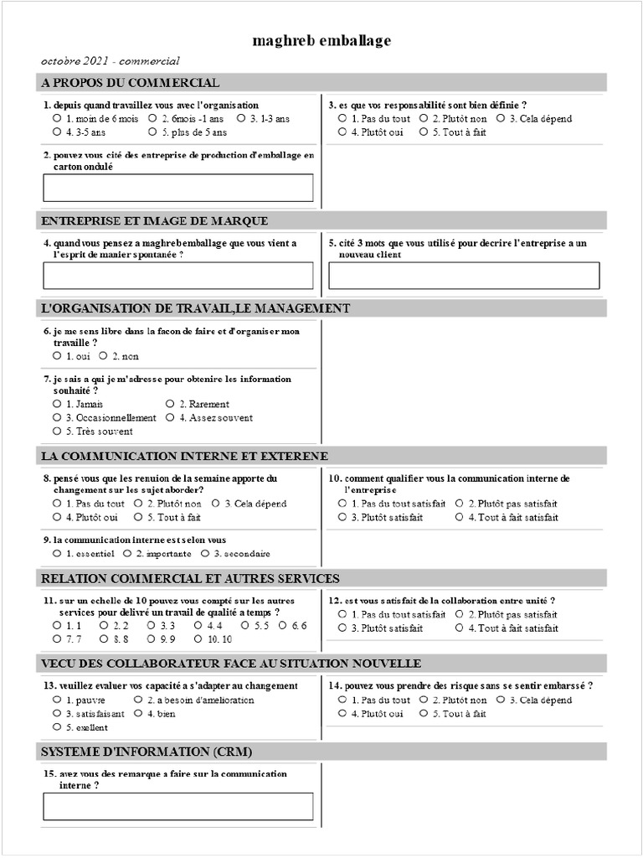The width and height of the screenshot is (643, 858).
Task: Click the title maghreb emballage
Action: coord(321,40)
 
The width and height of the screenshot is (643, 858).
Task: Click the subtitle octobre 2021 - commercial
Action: coord(110,61)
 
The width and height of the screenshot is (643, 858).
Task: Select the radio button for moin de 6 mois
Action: coord(57,119)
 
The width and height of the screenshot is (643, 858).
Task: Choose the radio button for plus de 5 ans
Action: coord(152,132)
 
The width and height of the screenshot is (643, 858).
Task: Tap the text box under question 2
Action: coord(178,188)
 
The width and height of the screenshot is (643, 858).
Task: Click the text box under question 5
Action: coord(464,276)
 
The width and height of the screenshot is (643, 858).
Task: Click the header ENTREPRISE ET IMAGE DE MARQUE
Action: coord(154,220)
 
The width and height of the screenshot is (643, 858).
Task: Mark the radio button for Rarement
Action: coord(170,404)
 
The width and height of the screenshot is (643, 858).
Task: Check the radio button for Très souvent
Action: coord(57,432)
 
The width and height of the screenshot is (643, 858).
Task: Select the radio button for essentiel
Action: coord(57,554)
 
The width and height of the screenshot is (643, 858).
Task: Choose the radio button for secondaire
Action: coord(205,554)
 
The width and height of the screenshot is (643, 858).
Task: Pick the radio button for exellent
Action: coord(57,728)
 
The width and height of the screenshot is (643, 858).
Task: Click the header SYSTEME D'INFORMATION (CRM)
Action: coord(147,751)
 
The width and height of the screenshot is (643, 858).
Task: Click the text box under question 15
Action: coord(178,806)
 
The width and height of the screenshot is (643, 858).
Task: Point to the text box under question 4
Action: coord(178,276)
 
